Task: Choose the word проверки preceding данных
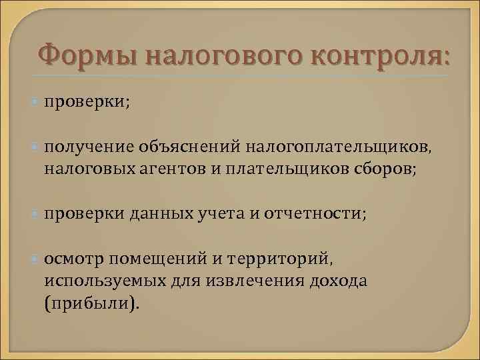83,215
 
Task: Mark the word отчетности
313,215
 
